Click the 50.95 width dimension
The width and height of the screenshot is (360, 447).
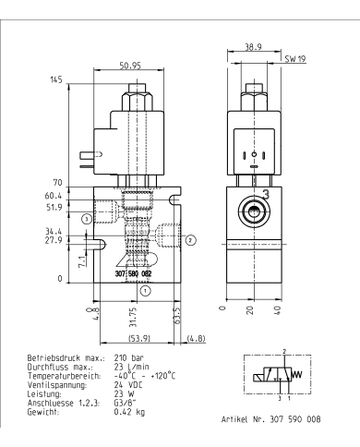pyautogui.click(x=129, y=66)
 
